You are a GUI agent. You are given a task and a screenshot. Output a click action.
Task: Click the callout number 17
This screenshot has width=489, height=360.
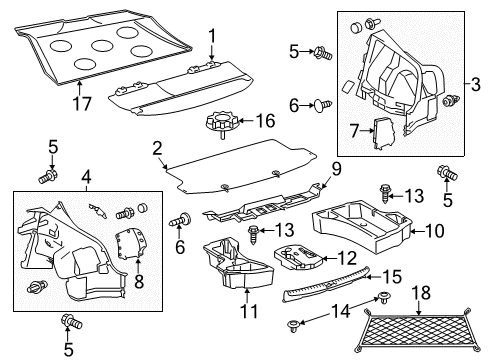pyautogui.click(x=82, y=103)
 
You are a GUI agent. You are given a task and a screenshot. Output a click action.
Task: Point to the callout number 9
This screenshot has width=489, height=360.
pyautogui.click(x=336, y=169)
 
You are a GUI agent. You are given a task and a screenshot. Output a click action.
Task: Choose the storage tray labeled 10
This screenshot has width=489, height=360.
pyautogui.click(x=363, y=224)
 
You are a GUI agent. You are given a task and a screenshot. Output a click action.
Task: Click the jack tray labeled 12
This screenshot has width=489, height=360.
pyautogui.click(x=298, y=258)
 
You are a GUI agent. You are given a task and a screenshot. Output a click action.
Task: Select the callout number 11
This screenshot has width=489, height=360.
pyautogui.click(x=249, y=311)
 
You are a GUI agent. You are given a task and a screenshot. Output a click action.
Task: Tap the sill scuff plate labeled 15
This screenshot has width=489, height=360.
pyautogui.click(x=326, y=283)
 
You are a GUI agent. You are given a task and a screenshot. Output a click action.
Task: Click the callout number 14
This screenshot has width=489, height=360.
pyautogui.click(x=340, y=312)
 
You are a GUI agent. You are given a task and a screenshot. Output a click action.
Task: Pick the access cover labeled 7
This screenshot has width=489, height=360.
pyautogui.click(x=384, y=133)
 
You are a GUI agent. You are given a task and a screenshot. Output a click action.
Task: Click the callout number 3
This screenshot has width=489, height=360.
pyautogui.click(x=476, y=84)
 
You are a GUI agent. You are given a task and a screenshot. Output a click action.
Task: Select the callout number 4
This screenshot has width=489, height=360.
pyautogui.click(x=86, y=178)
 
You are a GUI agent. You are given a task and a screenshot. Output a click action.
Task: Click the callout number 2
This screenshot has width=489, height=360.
pyautogui.click(x=157, y=149)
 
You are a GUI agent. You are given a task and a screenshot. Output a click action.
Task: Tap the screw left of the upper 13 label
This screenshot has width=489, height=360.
pyautogui.click(x=384, y=193)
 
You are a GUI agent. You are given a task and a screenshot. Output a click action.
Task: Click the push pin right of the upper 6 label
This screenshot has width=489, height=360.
pyautogui.click(x=322, y=105)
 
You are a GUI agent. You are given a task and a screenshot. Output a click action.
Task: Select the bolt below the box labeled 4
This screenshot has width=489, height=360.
pyautogui.click(x=71, y=321)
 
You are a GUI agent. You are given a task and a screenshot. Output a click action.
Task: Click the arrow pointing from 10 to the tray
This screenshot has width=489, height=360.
pyautogui.click(x=417, y=231)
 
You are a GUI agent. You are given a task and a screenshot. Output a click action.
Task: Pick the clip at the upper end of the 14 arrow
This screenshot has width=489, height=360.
pyautogui.click(x=385, y=297)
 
